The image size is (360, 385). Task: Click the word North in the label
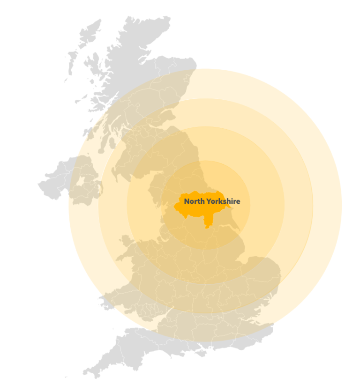coord(194,201)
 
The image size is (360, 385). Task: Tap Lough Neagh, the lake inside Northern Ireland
coord(81,182)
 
